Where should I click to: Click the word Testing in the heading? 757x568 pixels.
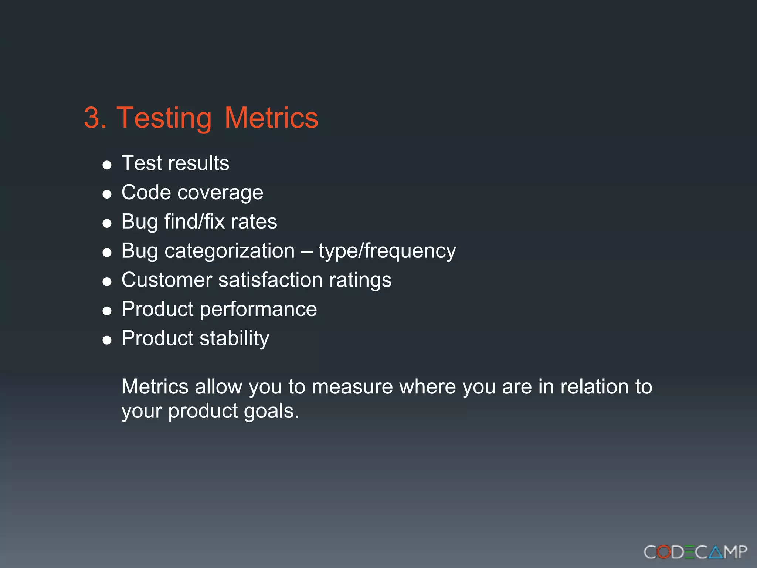point(164,118)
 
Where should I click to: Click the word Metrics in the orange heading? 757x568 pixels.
point(271,118)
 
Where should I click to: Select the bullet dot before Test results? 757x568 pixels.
point(107,165)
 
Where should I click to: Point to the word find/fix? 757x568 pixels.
point(194,222)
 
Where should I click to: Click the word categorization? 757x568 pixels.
point(230,251)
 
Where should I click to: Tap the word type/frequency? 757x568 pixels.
point(387,251)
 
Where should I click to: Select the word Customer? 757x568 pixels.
point(167,280)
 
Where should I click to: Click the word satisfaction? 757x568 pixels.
point(270,280)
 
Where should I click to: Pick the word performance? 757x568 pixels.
point(258,310)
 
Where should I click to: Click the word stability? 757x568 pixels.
point(234,338)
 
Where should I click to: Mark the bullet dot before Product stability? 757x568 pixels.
point(107,340)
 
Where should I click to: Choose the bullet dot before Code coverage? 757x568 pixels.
point(107,194)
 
